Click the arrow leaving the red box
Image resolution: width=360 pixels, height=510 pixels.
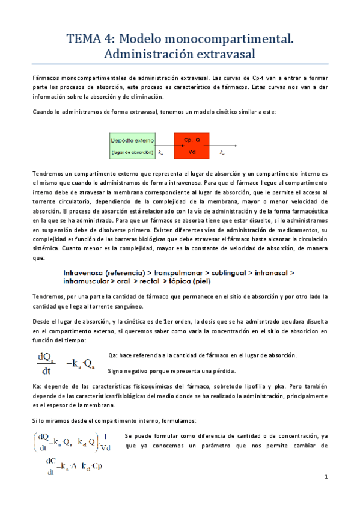222,146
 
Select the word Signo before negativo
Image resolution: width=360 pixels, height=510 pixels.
116,370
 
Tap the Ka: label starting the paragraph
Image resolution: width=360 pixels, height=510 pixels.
38,386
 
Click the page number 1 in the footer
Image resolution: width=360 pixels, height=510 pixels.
325,477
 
